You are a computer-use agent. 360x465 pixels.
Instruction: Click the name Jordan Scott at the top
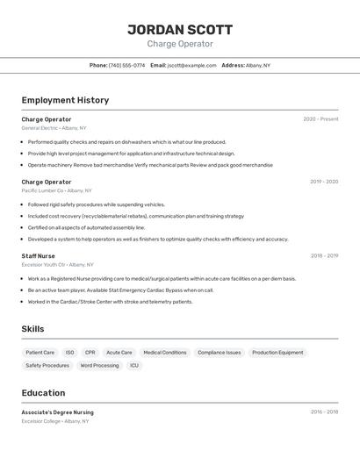(x=180, y=29)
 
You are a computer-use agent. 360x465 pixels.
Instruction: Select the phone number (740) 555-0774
(x=127, y=65)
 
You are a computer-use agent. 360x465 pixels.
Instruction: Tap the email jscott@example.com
(x=191, y=65)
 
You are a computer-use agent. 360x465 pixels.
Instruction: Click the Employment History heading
(x=65, y=100)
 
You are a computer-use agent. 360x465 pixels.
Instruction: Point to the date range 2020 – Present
(x=320, y=119)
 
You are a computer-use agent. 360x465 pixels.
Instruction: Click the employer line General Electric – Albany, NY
(x=54, y=128)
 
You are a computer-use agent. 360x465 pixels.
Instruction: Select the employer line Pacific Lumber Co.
(x=56, y=190)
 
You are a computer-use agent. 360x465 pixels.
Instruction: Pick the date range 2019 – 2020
(x=324, y=182)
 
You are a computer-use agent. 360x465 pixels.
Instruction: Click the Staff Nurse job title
(x=38, y=256)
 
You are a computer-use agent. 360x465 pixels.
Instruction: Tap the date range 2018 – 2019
(x=324, y=256)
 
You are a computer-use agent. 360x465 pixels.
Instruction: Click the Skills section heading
(x=33, y=329)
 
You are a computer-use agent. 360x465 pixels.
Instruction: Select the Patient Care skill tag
(x=40, y=353)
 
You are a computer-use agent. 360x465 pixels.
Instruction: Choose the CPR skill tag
(x=90, y=353)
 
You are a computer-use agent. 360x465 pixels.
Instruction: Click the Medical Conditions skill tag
(x=165, y=353)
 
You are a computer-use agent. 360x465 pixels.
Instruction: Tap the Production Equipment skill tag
(x=277, y=353)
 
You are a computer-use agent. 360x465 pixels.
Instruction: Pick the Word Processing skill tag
(x=99, y=366)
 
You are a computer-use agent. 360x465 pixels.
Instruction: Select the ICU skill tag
(x=134, y=366)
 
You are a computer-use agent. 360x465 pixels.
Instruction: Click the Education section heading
(x=43, y=393)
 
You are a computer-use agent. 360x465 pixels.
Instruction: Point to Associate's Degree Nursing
(x=57, y=412)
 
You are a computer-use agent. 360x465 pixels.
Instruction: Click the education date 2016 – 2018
(x=324, y=411)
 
